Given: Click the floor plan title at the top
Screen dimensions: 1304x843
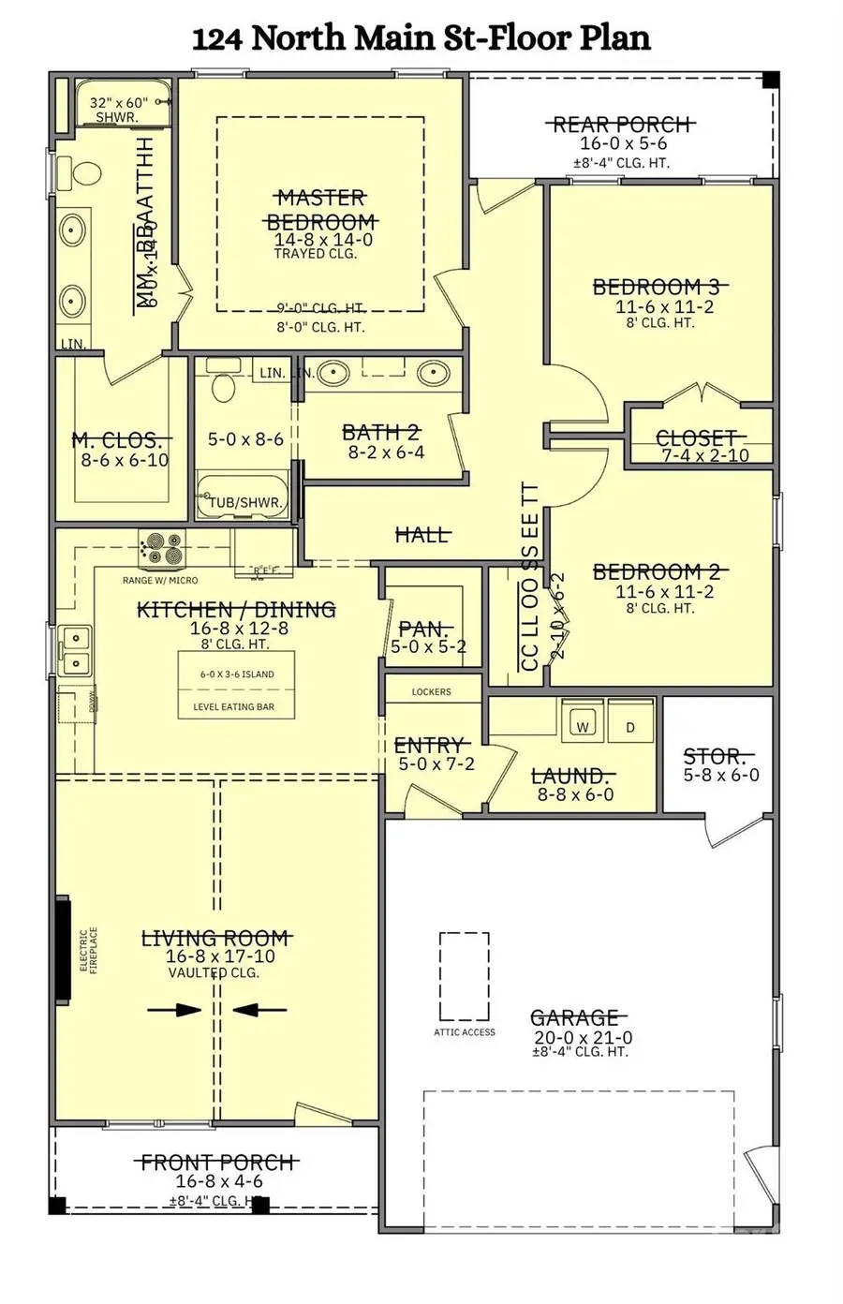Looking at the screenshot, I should click(421, 38).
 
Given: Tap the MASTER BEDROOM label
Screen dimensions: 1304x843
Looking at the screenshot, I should click(321, 210).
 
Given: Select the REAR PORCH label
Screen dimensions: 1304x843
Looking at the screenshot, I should click(622, 125).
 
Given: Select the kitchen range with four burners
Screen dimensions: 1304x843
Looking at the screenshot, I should click(162, 549).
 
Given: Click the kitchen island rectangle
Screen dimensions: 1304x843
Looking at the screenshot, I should click(236, 686).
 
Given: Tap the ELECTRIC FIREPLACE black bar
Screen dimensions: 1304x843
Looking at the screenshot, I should click(63, 950).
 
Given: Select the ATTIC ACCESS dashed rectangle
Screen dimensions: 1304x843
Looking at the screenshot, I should click(464, 976).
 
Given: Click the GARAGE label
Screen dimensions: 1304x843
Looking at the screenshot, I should click(575, 1017).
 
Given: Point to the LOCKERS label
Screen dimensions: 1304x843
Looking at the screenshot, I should click(431, 692).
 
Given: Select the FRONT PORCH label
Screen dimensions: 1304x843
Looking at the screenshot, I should click(217, 1163).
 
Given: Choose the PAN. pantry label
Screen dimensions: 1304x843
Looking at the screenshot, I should click(425, 629).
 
